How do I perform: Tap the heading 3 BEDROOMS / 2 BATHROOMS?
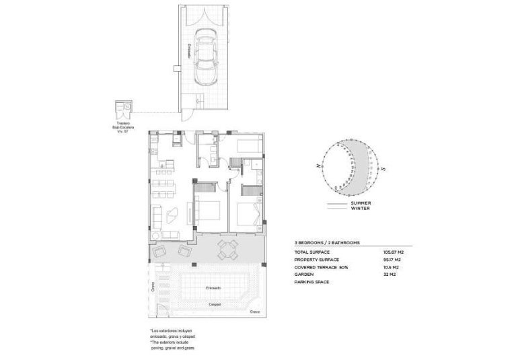[327, 242]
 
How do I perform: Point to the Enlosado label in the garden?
[215, 288]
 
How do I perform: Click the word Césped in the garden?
[215, 304]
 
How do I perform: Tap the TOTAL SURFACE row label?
[311, 252]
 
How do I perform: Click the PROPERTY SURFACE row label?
[316, 259]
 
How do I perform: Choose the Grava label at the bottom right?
[254, 312]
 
